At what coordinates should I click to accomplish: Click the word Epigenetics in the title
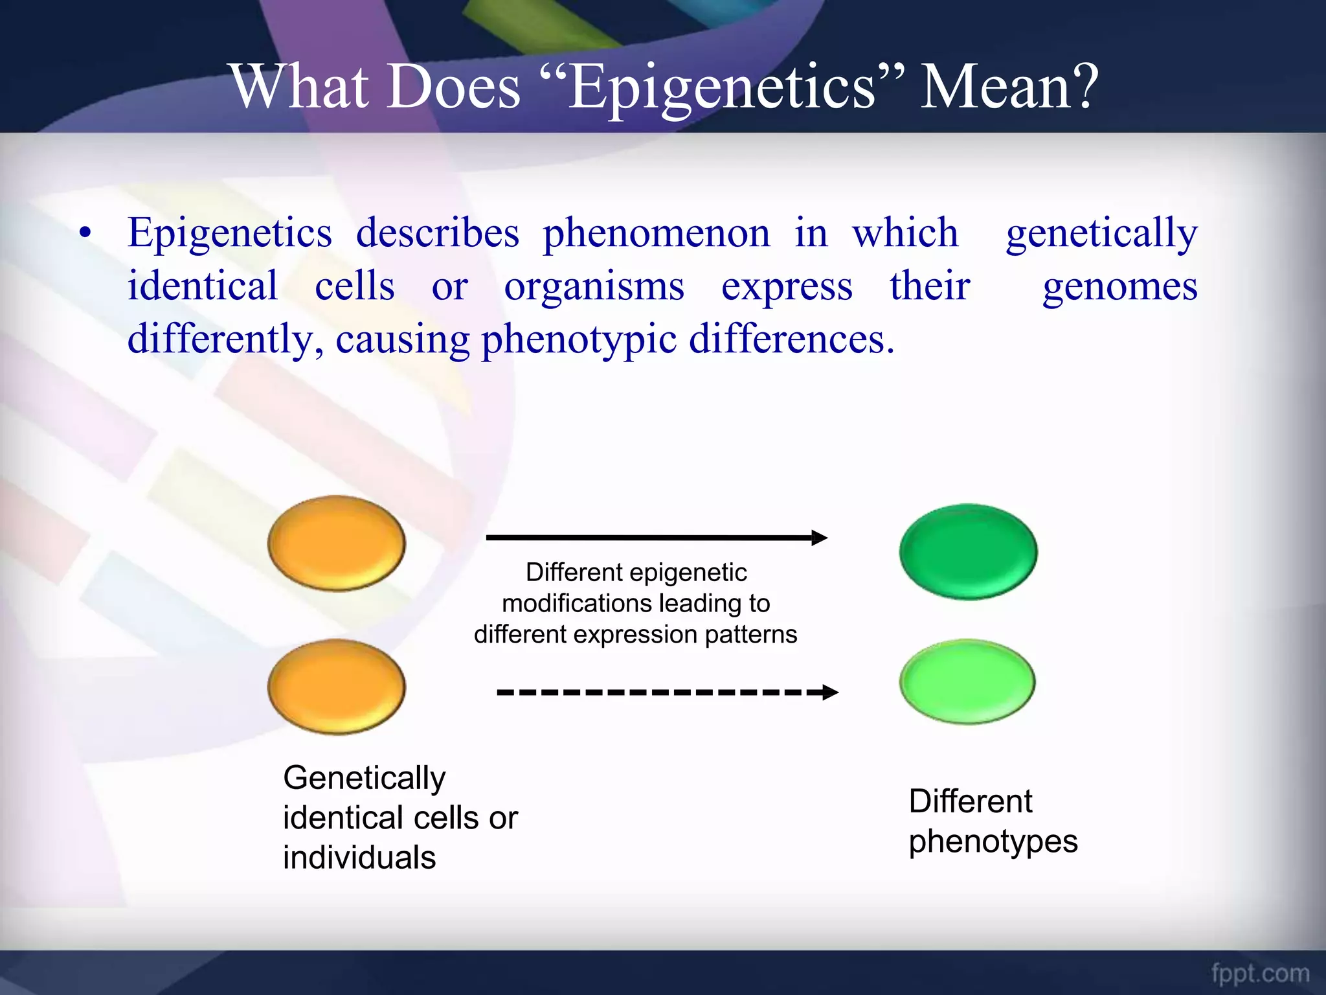[x=722, y=87]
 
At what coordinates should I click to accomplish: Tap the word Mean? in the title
[x=1009, y=87]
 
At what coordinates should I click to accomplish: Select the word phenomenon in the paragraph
[x=656, y=233]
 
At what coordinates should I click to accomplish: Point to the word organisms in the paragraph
[x=594, y=286]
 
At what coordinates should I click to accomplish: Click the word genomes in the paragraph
[x=1119, y=286]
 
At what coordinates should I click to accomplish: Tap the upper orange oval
[x=337, y=543]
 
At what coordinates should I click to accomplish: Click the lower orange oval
[x=337, y=687]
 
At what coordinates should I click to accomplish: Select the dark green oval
[x=968, y=551]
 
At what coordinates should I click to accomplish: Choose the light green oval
[x=967, y=681]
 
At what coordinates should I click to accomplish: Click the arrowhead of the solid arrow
[x=820, y=537]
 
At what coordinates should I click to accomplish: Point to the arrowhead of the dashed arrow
[x=830, y=692]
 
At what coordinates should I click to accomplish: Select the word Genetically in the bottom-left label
[x=364, y=778]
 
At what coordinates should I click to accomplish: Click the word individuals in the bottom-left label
[x=359, y=858]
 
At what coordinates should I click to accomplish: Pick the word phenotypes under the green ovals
[x=993, y=841]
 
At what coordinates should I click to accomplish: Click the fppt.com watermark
[x=1260, y=972]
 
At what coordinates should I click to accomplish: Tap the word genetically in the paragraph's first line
[x=1101, y=233]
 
